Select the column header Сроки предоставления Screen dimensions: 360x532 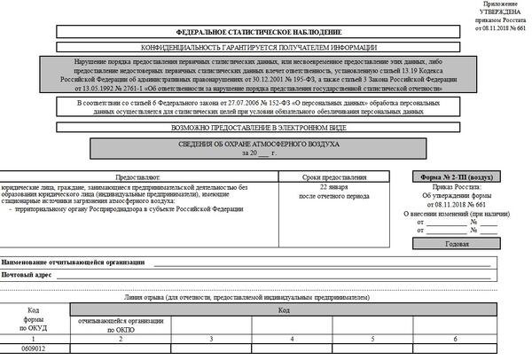[332, 178]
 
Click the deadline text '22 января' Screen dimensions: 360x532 [332, 189]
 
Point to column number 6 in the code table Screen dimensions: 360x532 [455, 339]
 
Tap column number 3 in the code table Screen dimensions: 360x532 [210, 339]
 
